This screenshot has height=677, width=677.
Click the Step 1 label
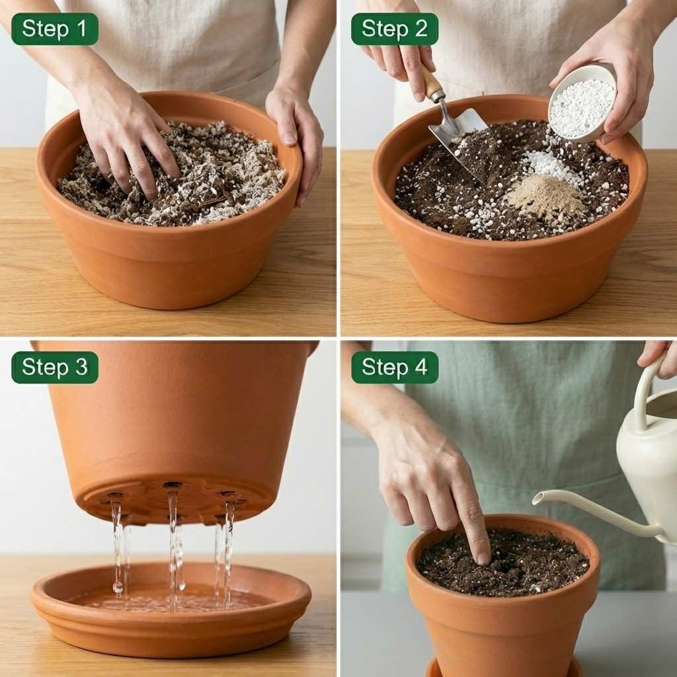coord(54,29)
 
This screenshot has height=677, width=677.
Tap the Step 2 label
coord(394,29)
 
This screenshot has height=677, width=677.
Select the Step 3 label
coord(54,368)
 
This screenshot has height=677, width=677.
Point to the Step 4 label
coord(394,368)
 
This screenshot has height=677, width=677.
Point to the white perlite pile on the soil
coord(552,165)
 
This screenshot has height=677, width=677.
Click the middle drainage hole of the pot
coord(173,486)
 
